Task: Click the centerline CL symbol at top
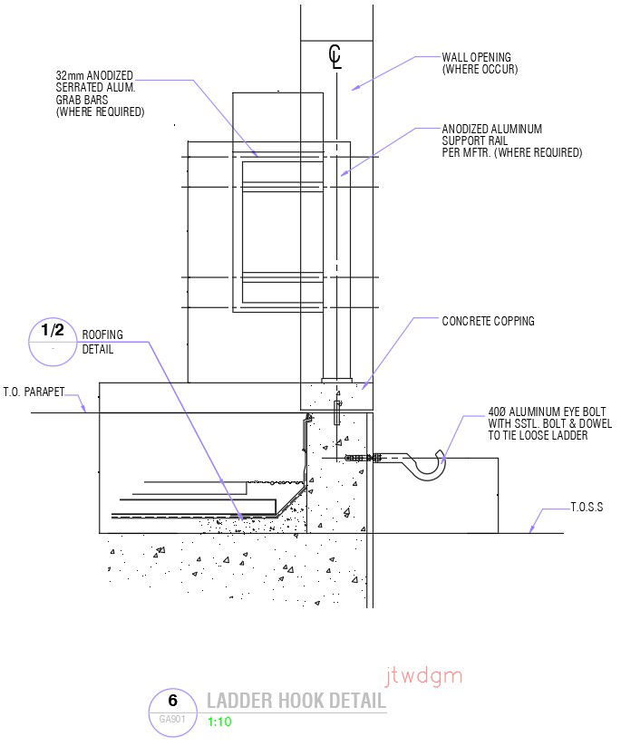335,57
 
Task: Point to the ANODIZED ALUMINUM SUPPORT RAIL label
511,141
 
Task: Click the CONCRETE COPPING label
488,321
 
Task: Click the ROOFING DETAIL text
102,342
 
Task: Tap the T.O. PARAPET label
39,393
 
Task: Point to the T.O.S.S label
587,507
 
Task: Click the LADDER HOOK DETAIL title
296,701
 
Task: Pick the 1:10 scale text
219,722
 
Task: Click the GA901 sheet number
172,719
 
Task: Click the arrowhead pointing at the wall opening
355,87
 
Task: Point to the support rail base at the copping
335,378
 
